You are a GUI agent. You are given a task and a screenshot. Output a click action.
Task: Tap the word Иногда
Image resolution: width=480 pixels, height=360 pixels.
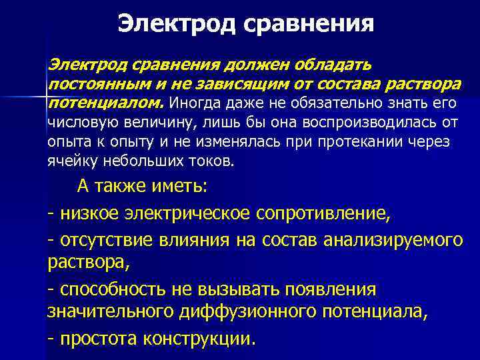point(197,103)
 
